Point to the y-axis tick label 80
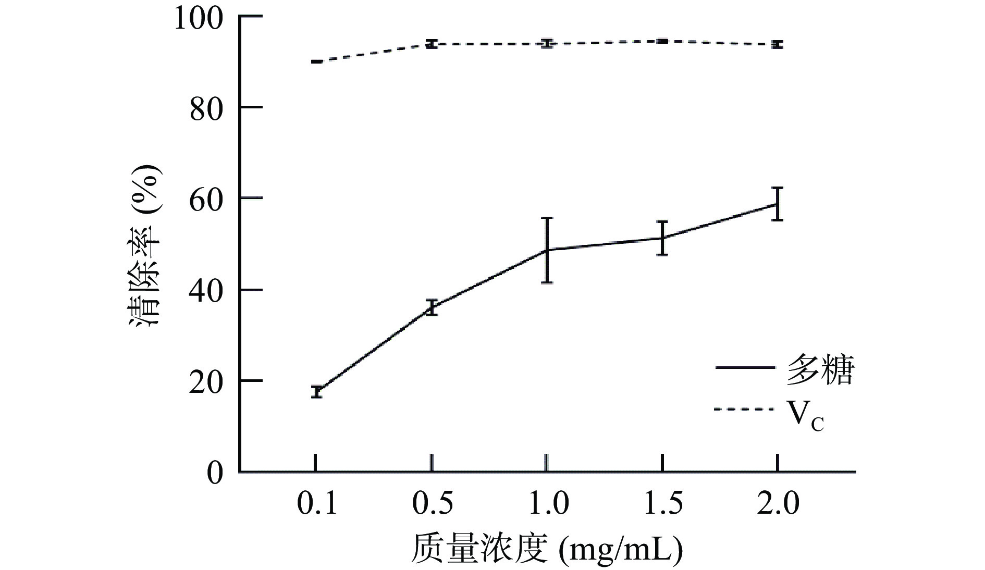tap(206, 109)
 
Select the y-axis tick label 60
tap(206, 200)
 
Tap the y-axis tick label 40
tap(206, 292)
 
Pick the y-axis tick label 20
tap(206, 382)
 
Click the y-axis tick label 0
tap(214, 473)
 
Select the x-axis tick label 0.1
tap(316, 503)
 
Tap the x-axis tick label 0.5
tap(432, 503)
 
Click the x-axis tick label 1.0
tap(547, 503)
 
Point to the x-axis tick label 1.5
tap(662, 503)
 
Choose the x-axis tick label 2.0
tap(778, 503)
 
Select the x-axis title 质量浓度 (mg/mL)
tap(546, 548)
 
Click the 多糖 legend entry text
tap(820, 370)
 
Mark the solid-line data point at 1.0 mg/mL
tap(547, 250)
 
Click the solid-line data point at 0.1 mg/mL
tap(316, 392)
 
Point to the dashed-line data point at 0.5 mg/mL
tap(432, 44)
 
